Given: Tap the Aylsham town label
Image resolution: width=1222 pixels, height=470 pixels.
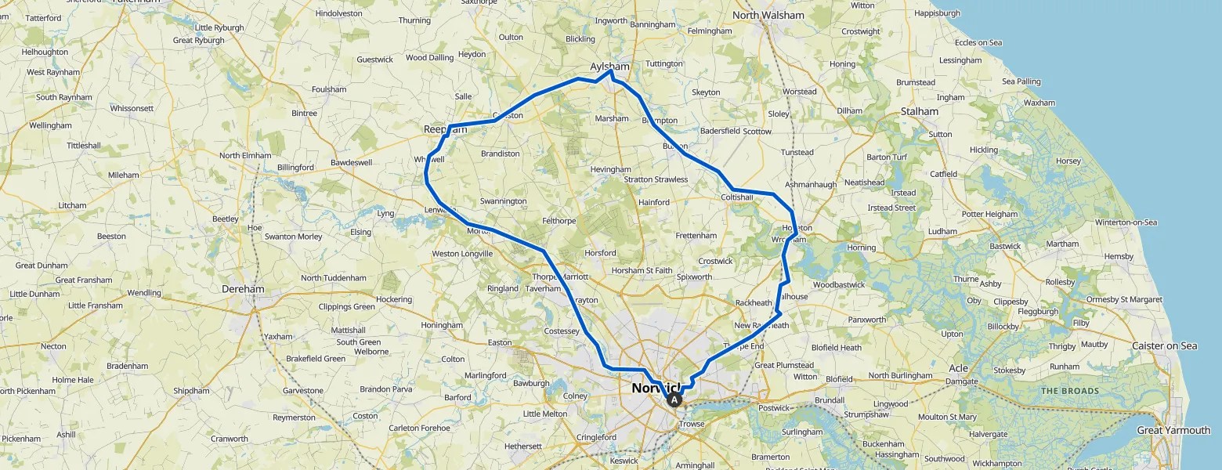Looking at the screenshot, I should tap(609, 67).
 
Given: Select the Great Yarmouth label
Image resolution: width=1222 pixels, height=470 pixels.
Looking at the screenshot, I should tap(1173, 430).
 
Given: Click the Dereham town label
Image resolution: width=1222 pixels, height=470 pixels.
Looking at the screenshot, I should tap(243, 289).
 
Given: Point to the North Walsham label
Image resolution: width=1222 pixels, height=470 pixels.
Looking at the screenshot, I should tap(768, 15).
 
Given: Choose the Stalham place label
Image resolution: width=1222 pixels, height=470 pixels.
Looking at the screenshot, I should tap(919, 111).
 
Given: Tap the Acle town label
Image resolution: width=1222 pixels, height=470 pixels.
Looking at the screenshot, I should tap(958, 368).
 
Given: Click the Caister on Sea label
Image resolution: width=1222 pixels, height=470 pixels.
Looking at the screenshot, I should tap(1164, 346).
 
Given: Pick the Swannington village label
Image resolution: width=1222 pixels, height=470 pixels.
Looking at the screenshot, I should tap(503, 201).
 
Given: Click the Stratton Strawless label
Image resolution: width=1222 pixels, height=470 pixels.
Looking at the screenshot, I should tap(656, 179).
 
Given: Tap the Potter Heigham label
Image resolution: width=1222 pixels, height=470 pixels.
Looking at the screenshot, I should tap(989, 214).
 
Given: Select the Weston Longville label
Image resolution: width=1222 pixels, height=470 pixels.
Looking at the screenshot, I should tap(462, 254).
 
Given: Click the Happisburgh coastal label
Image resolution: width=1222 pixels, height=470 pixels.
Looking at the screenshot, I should tap(937, 13).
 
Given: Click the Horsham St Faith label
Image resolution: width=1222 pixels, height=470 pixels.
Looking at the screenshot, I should tap(642, 271).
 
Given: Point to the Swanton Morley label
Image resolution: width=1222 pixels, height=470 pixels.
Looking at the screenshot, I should tap(293, 237).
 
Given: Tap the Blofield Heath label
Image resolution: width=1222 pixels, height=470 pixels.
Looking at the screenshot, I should tap(836, 348).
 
